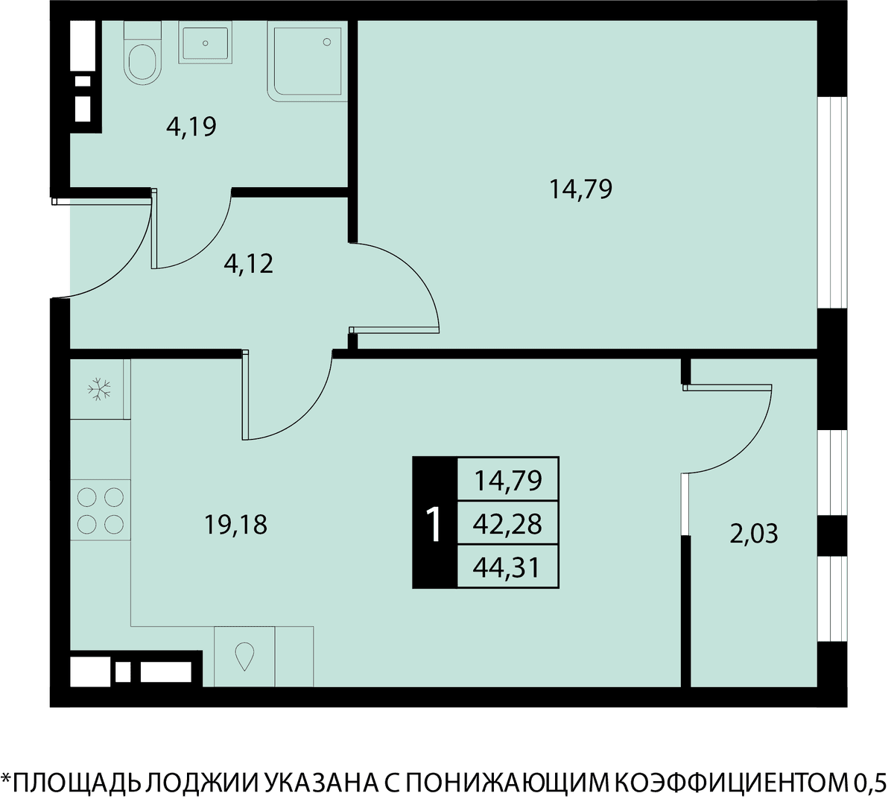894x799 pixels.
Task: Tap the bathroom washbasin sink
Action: tap(205, 42)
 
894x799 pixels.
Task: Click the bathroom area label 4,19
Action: tap(191, 127)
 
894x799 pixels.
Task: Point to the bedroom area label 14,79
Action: tap(580, 190)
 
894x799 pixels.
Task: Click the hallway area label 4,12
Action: tap(249, 264)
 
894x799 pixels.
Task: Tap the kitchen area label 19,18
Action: tap(236, 525)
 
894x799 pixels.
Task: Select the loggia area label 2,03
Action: tap(754, 534)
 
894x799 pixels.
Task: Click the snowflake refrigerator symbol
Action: tap(99, 389)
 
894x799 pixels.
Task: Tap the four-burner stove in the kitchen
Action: tap(100, 511)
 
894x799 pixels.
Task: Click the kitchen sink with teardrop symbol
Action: tap(244, 656)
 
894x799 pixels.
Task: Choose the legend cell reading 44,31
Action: tap(508, 568)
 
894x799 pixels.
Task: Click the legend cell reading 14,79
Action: tap(508, 480)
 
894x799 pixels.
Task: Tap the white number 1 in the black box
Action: tap(434, 524)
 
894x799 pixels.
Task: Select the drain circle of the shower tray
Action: tap(327, 42)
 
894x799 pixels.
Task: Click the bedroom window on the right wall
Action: tap(832, 202)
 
